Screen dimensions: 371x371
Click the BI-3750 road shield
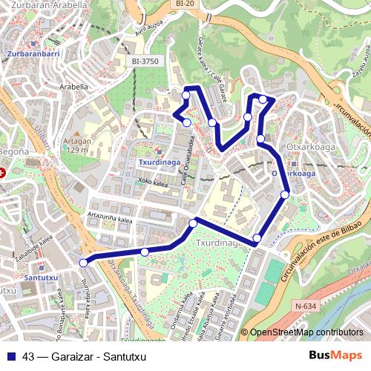[x=146, y=62]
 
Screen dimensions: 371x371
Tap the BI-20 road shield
[x=185, y=4]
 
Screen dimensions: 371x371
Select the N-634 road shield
[x=305, y=304]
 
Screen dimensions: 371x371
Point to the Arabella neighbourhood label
[x=74, y=86]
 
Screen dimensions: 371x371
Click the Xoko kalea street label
[x=151, y=180]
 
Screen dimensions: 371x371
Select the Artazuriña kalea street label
[x=110, y=216]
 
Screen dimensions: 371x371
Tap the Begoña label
[x=14, y=151]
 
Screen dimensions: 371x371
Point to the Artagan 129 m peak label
[x=76, y=145]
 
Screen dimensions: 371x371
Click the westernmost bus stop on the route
[x=84, y=262]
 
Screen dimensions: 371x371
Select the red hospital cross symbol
[x=2, y=172]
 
